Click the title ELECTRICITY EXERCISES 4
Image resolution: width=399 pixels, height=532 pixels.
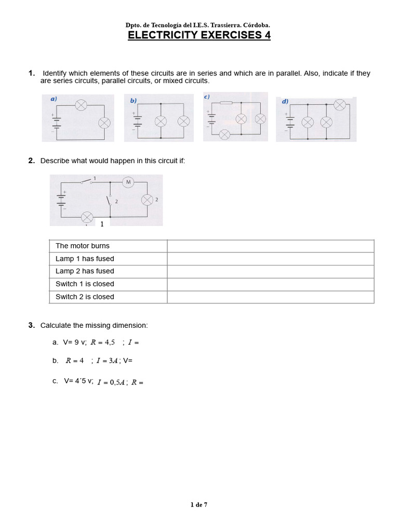tap(199, 35)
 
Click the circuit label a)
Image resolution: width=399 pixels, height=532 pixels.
tap(54, 99)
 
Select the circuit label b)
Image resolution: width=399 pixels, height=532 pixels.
tap(134, 101)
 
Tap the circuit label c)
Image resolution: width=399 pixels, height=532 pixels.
tap(207, 97)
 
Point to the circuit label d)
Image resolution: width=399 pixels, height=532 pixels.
tap(285, 102)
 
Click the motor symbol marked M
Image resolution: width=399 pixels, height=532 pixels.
tap(128, 182)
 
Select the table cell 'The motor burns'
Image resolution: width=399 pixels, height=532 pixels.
tap(108, 246)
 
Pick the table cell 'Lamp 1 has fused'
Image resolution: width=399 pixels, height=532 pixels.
tap(108, 259)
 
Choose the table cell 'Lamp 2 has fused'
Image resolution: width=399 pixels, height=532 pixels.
tap(108, 271)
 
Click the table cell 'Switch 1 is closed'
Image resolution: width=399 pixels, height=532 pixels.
tap(108, 284)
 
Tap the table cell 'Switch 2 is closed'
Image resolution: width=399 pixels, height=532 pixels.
tap(108, 297)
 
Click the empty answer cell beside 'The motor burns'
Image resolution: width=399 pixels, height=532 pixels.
tap(270, 246)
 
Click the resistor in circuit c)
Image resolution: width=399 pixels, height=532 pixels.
tap(226, 103)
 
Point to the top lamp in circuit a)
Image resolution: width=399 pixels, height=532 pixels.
tap(81, 105)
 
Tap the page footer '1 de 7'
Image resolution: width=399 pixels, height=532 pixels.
tap(199, 504)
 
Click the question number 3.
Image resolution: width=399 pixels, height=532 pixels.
tap(32, 325)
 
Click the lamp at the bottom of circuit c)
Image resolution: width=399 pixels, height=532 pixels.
tap(224, 135)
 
